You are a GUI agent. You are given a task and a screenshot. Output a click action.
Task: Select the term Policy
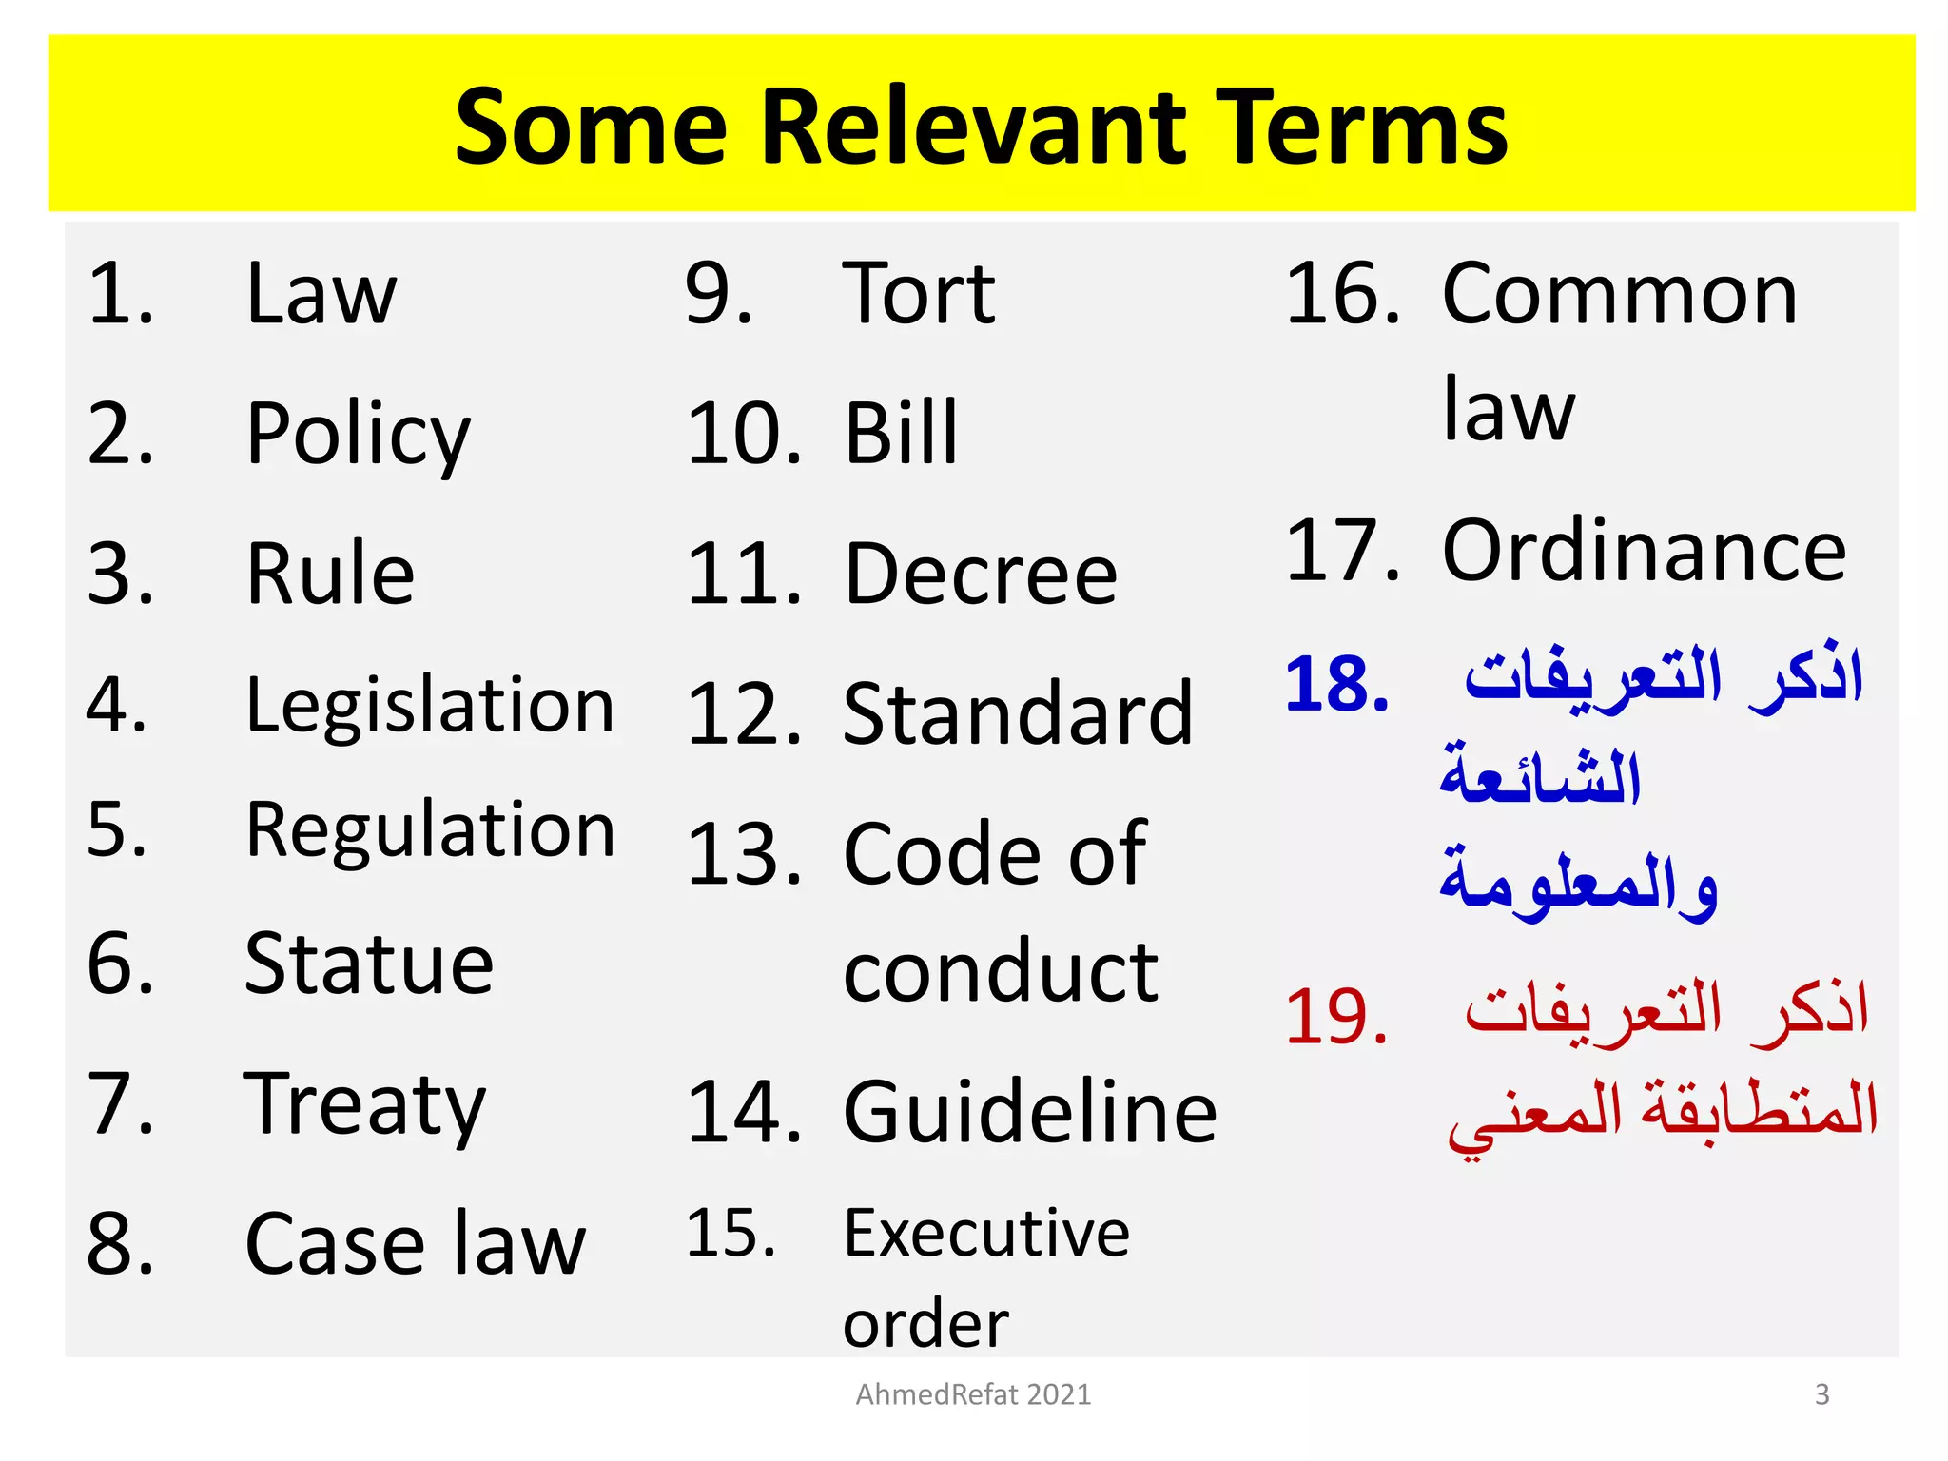coord(358,435)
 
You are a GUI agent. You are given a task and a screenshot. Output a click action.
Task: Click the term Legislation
coord(430,707)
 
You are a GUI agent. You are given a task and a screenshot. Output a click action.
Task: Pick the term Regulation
coord(430,831)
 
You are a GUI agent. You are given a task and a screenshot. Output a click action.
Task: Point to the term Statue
coord(369,964)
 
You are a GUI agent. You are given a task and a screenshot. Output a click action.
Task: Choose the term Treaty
coord(365,1105)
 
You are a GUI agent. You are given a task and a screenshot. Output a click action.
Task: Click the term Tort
coord(919,294)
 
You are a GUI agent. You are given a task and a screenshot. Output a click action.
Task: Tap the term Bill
coord(901,434)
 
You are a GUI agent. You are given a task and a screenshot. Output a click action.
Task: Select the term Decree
coord(981,575)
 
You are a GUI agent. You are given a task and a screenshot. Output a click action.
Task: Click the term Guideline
coord(1030,1112)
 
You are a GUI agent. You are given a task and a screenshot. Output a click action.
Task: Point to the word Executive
coord(986,1234)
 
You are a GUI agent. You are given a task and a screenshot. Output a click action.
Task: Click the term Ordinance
coord(1644,551)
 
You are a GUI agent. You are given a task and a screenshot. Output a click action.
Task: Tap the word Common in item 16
coord(1619,295)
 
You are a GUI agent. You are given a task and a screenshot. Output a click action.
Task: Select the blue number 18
coord(1336,684)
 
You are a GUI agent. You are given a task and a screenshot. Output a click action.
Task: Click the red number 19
coord(1336,1017)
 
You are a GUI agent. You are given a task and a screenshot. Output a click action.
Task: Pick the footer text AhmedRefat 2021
coord(973,1394)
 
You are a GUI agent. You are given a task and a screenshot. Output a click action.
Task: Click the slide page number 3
coord(1821,1394)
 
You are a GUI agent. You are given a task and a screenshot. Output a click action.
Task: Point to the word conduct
coord(1001,972)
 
